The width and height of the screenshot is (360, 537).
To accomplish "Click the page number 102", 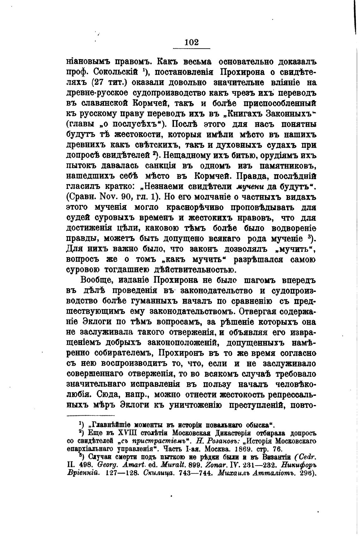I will [x=191, y=42].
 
